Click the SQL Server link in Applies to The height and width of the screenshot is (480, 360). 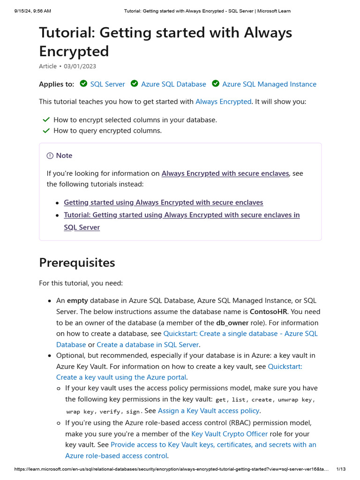click(x=107, y=84)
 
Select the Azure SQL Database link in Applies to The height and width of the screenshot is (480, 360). click(x=173, y=84)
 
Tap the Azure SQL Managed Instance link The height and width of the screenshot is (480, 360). click(x=269, y=84)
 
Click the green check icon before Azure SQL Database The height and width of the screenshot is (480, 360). click(x=134, y=84)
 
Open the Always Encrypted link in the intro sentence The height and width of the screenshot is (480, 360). click(x=223, y=101)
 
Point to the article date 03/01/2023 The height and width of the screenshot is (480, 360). click(x=80, y=67)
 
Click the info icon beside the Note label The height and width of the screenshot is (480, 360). click(x=50, y=156)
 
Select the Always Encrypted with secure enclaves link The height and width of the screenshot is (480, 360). click(x=225, y=173)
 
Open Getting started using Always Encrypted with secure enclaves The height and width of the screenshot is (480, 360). click(x=163, y=202)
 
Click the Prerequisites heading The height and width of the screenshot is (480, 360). click(x=77, y=262)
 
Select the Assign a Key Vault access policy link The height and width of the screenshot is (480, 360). click(x=209, y=411)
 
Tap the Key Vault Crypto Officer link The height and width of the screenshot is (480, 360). click(x=230, y=434)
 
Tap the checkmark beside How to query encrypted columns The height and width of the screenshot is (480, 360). click(x=46, y=131)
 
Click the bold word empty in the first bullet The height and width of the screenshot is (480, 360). click(x=77, y=300)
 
